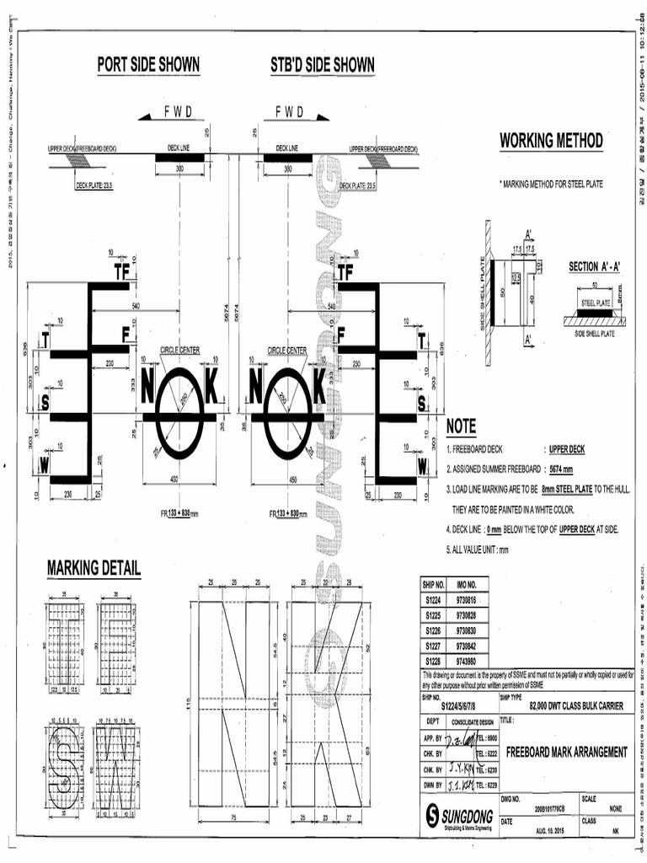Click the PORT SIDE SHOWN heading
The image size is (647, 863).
pyautogui.click(x=148, y=65)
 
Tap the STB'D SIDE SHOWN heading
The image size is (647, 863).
pyautogui.click(x=323, y=65)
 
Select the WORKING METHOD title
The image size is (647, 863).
pyautogui.click(x=551, y=140)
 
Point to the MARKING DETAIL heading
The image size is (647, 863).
pyautogui.click(x=94, y=568)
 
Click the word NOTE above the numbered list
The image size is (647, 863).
pyautogui.click(x=461, y=428)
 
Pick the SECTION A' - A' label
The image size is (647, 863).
pyautogui.click(x=594, y=266)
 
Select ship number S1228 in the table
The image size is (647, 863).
pyautogui.click(x=434, y=661)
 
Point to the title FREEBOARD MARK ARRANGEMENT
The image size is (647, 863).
pyautogui.click(x=566, y=752)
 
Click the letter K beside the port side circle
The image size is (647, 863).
pyautogui.click(x=211, y=387)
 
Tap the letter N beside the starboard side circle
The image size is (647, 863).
pyautogui.click(x=256, y=387)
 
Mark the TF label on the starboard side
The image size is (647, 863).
pyautogui.click(x=345, y=271)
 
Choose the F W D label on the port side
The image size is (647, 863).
pyautogui.click(x=178, y=111)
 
